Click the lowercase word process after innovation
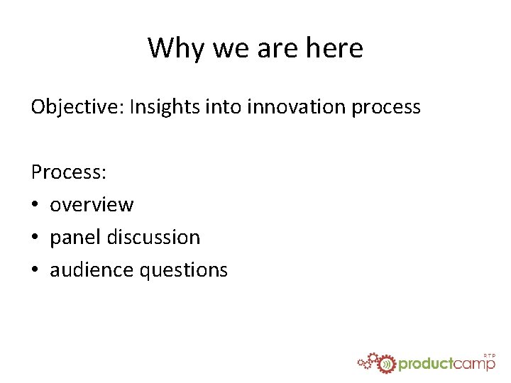pos(386,108)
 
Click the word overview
pos(92,205)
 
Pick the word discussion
pos(153,238)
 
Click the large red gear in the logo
pos(385,364)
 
